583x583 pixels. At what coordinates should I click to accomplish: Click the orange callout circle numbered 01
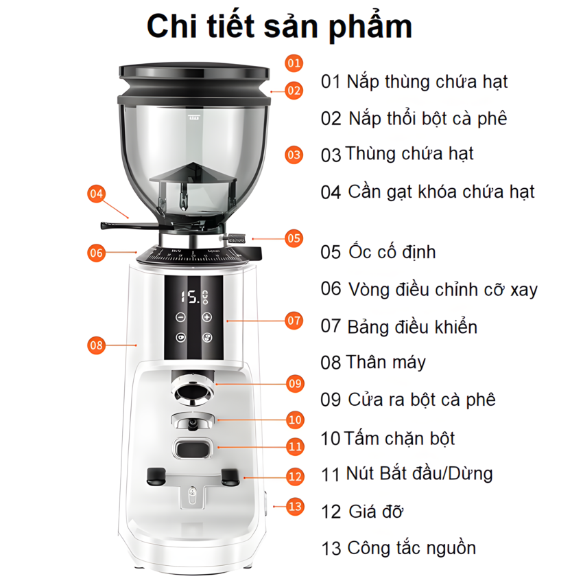point(294,63)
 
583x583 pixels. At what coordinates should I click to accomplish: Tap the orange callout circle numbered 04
point(97,194)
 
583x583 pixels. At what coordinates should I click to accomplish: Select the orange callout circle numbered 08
point(97,345)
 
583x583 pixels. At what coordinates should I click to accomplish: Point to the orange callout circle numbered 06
point(97,253)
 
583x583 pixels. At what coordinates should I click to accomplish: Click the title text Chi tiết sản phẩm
point(280,26)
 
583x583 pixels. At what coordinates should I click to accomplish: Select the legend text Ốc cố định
point(390,252)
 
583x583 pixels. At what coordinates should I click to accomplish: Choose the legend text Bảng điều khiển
point(412,326)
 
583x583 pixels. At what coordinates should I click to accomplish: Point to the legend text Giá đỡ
point(375,512)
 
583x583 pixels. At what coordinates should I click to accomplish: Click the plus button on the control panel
point(207,318)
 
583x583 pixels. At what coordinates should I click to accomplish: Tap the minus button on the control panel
point(180,318)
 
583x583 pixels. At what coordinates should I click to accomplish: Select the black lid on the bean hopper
point(193,70)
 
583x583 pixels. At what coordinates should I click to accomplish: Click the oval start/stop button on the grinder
point(193,449)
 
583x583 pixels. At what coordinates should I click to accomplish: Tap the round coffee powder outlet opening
point(193,391)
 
